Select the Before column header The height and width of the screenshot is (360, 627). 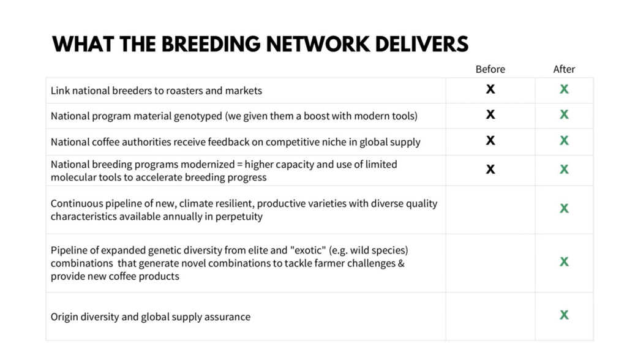click(x=490, y=69)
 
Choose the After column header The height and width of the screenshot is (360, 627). click(x=564, y=69)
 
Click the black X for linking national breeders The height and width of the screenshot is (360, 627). click(x=490, y=89)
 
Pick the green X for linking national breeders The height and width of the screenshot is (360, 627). click(x=564, y=89)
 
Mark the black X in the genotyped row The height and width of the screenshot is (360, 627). click(x=490, y=115)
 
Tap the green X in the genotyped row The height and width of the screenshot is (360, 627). click(x=564, y=115)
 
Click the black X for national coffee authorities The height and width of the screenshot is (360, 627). click(x=490, y=140)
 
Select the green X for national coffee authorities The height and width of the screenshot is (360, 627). click(x=564, y=140)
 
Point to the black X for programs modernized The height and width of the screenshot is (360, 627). click(x=490, y=169)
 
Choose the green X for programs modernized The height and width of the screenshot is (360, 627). click(x=564, y=169)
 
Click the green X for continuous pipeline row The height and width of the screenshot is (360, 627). click(x=564, y=208)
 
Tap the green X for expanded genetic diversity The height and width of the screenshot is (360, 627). click(x=564, y=261)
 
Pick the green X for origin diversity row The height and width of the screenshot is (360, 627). click(x=564, y=315)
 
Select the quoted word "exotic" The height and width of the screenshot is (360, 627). click(x=308, y=250)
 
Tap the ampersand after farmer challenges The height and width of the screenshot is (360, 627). click(x=401, y=264)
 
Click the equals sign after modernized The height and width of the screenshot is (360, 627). click(x=240, y=165)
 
